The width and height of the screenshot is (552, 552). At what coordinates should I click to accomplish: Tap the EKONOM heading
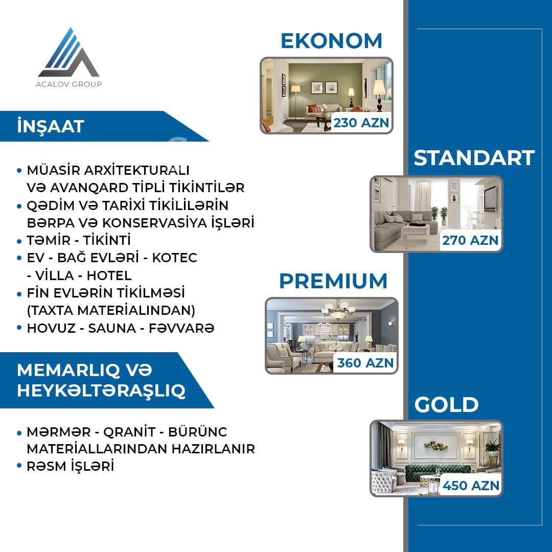[331, 41]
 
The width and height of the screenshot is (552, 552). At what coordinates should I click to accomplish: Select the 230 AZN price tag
[361, 123]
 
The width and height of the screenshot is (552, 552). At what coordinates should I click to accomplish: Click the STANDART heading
[474, 158]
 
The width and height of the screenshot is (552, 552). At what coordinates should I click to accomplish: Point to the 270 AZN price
[470, 240]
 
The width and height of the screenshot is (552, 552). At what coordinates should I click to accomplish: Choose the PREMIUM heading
[333, 281]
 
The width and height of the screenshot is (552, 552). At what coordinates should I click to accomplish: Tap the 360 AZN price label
[365, 362]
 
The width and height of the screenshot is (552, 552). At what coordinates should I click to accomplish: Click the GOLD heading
[446, 404]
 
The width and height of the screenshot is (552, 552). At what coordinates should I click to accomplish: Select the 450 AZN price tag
[471, 486]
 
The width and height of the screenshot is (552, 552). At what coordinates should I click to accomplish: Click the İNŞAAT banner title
[51, 126]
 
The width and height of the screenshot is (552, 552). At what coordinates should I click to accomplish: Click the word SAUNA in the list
[112, 328]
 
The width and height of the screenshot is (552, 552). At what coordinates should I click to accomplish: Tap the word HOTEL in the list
[109, 275]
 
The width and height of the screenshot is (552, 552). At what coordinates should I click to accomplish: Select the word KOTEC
[174, 258]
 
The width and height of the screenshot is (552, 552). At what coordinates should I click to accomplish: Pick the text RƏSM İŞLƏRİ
[71, 466]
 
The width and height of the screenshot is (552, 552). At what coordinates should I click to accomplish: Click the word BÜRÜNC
[197, 431]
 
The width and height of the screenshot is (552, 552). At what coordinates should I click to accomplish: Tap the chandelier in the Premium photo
[338, 310]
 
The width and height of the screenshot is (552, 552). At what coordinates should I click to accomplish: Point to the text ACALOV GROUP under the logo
[68, 84]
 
